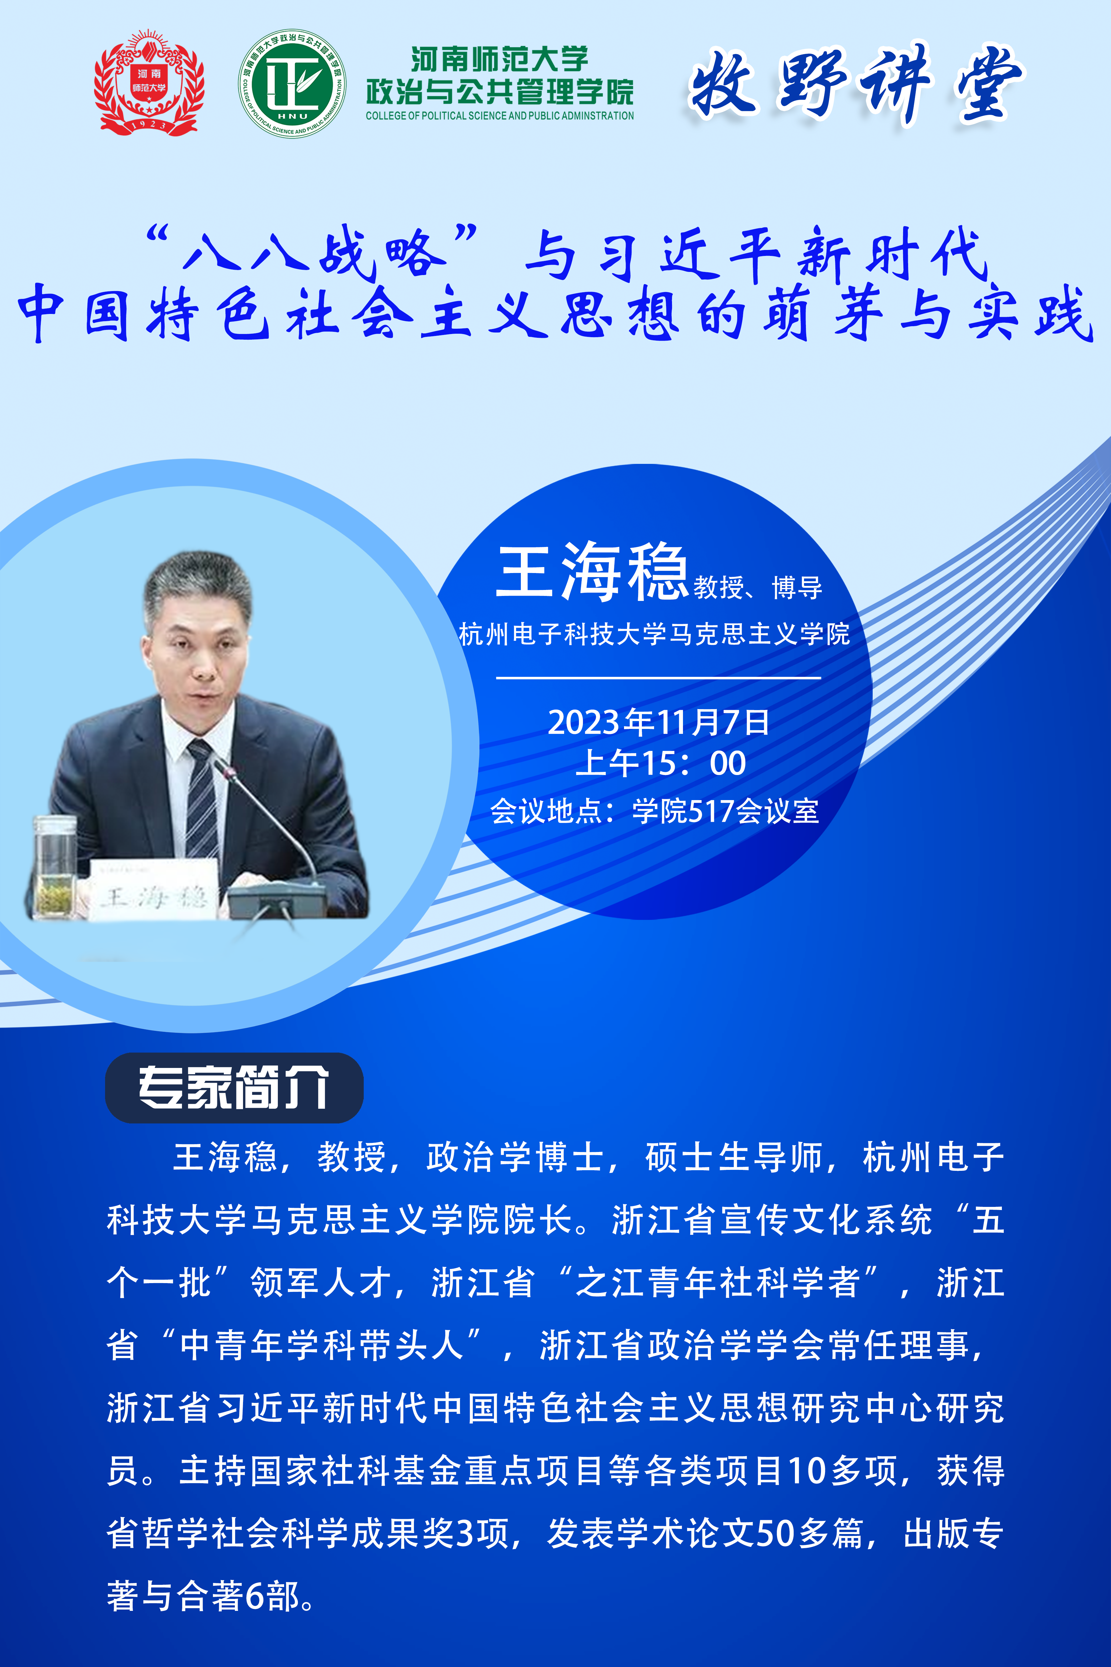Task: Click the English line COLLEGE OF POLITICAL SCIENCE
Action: click(500, 115)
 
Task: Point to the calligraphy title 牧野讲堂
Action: click(856, 84)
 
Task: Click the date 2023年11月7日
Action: click(658, 722)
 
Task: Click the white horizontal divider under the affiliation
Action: click(658, 677)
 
